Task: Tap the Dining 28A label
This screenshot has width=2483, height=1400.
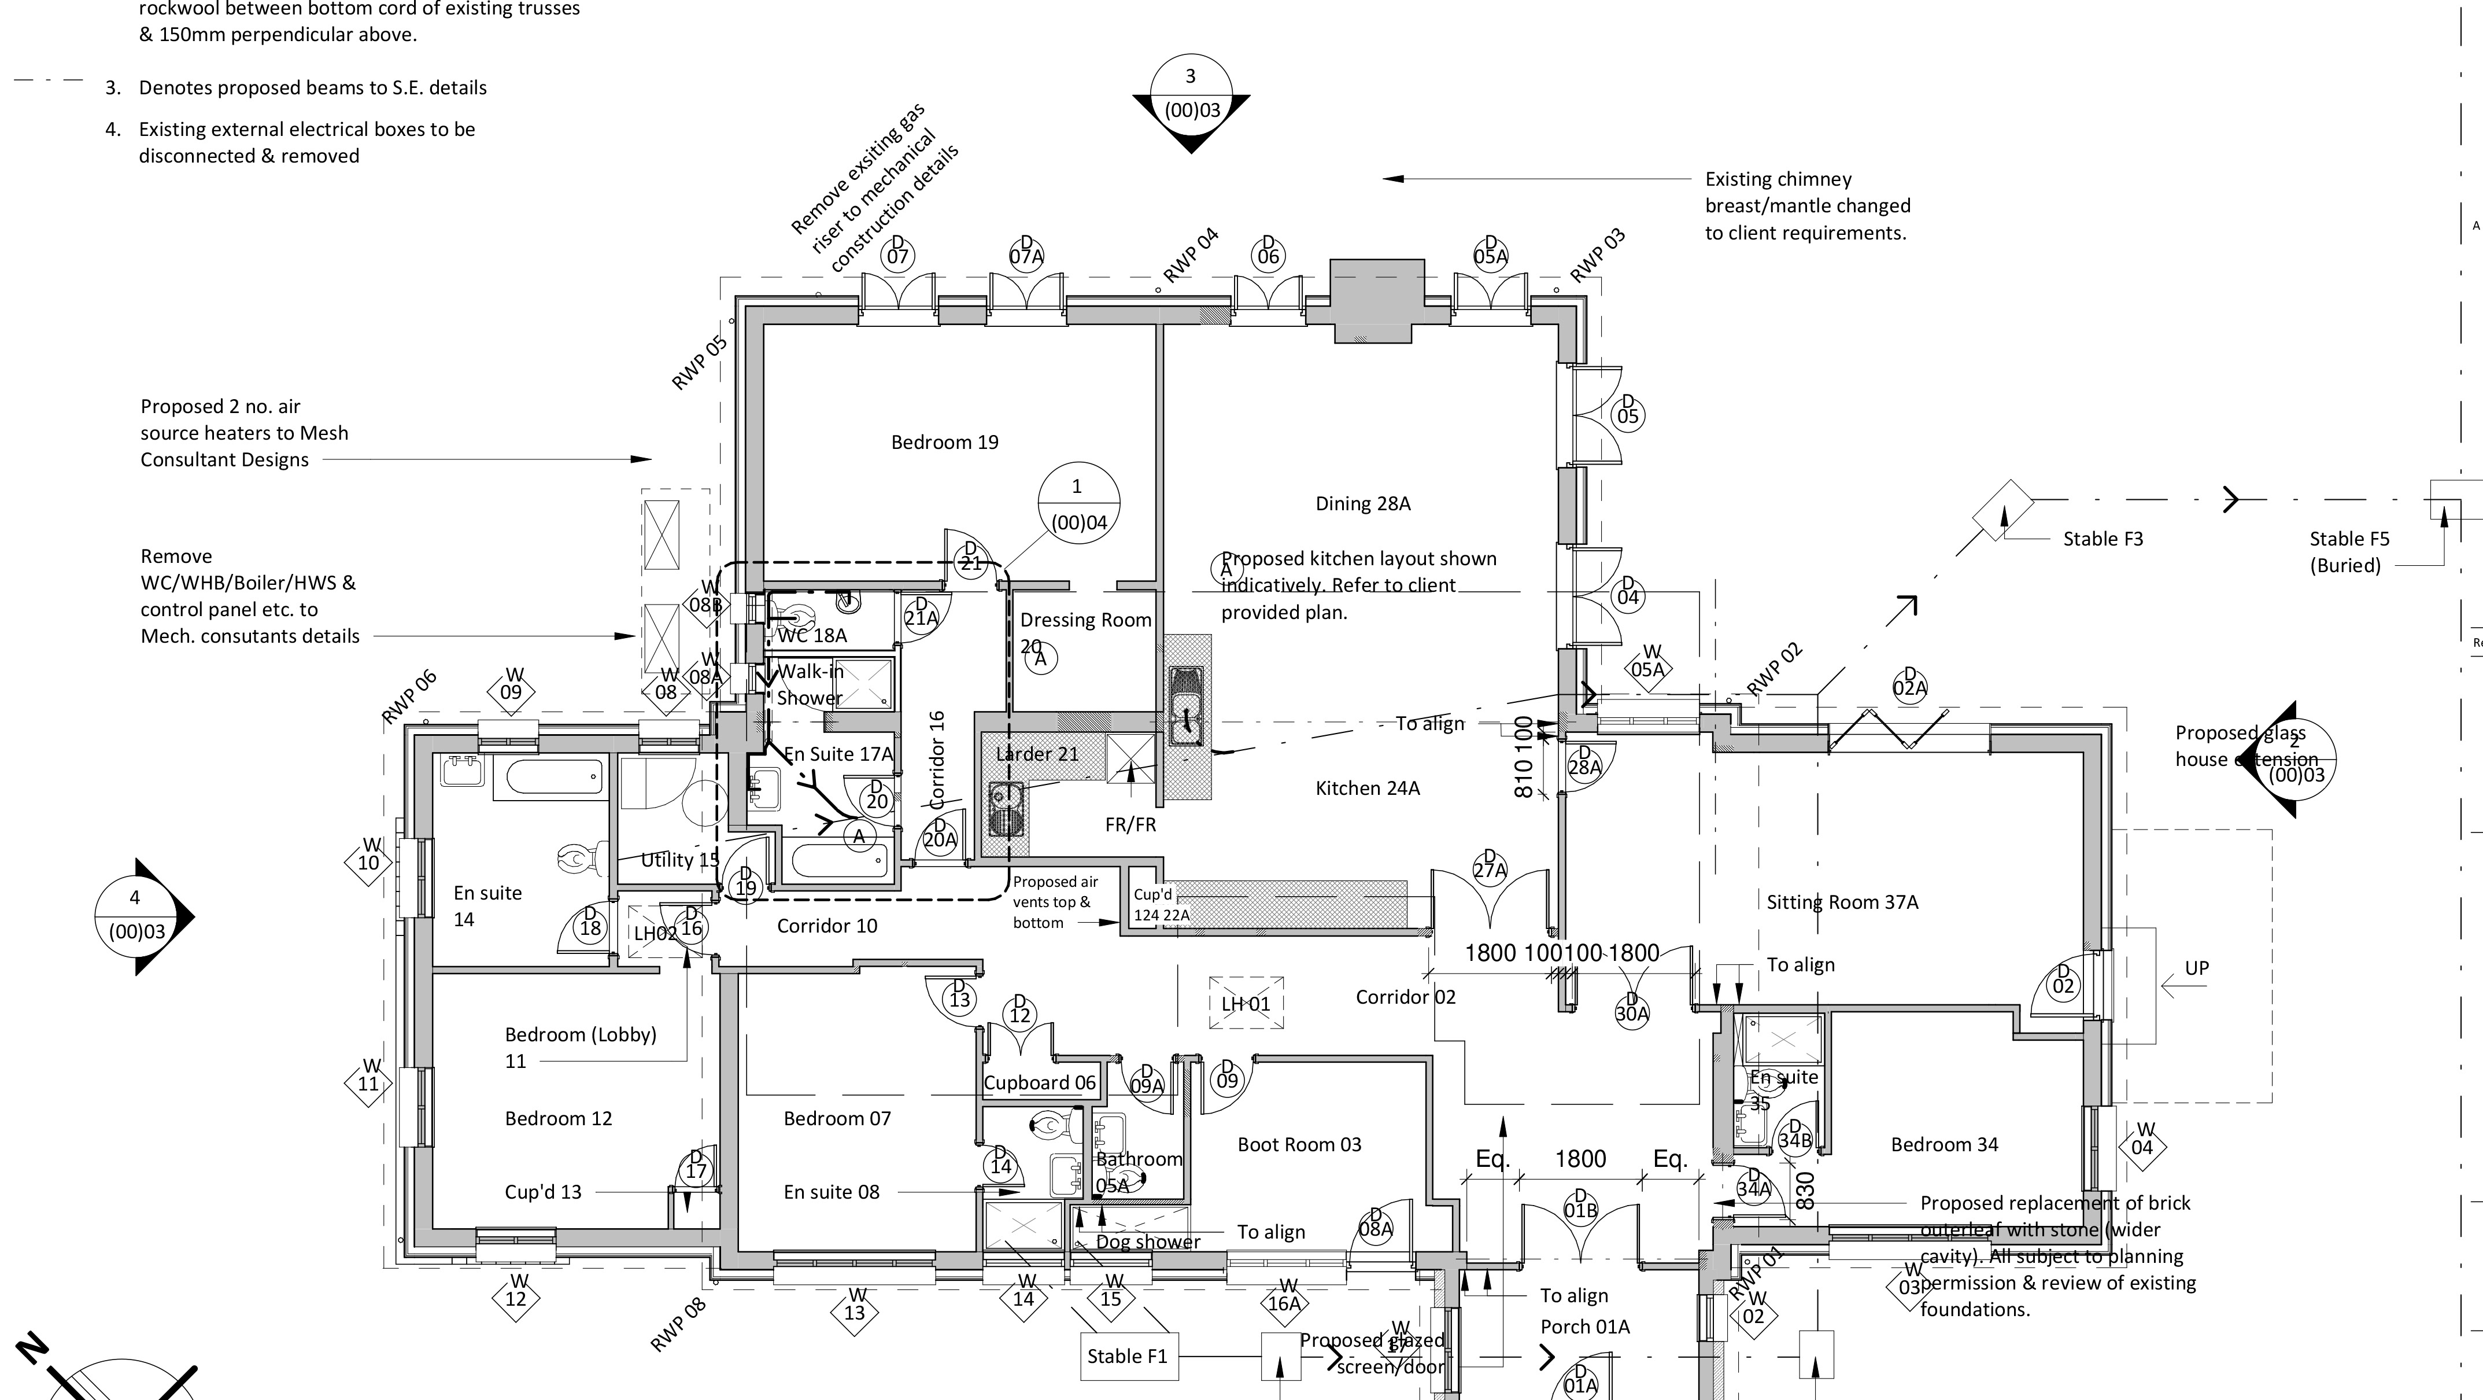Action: pos(1362,503)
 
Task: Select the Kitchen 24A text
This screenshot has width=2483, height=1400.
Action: pos(1367,789)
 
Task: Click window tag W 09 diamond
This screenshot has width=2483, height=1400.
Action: pos(512,688)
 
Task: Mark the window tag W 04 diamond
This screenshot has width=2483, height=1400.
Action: pos(2142,1144)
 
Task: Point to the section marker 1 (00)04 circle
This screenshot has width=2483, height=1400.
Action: pos(1078,503)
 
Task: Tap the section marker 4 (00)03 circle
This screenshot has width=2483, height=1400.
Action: pos(135,916)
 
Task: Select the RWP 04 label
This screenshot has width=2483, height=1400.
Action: pos(1191,256)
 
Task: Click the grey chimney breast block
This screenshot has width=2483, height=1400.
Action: pos(1376,299)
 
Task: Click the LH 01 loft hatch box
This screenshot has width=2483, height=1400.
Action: pos(1246,1003)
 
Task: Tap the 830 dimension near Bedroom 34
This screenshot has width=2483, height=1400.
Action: pos(1805,1190)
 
